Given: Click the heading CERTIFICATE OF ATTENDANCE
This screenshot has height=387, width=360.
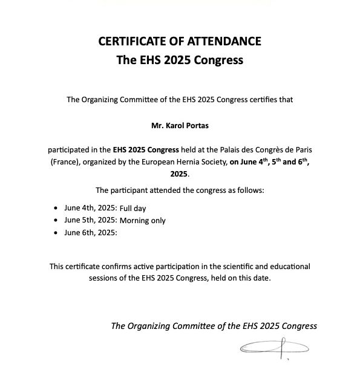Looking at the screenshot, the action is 180,42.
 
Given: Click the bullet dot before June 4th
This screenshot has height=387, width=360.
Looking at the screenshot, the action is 56,207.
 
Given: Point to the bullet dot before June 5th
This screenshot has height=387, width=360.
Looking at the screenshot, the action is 56,220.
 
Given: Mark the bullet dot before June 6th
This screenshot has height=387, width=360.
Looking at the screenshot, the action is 56,233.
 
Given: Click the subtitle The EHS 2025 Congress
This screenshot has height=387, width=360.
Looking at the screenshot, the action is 180,60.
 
